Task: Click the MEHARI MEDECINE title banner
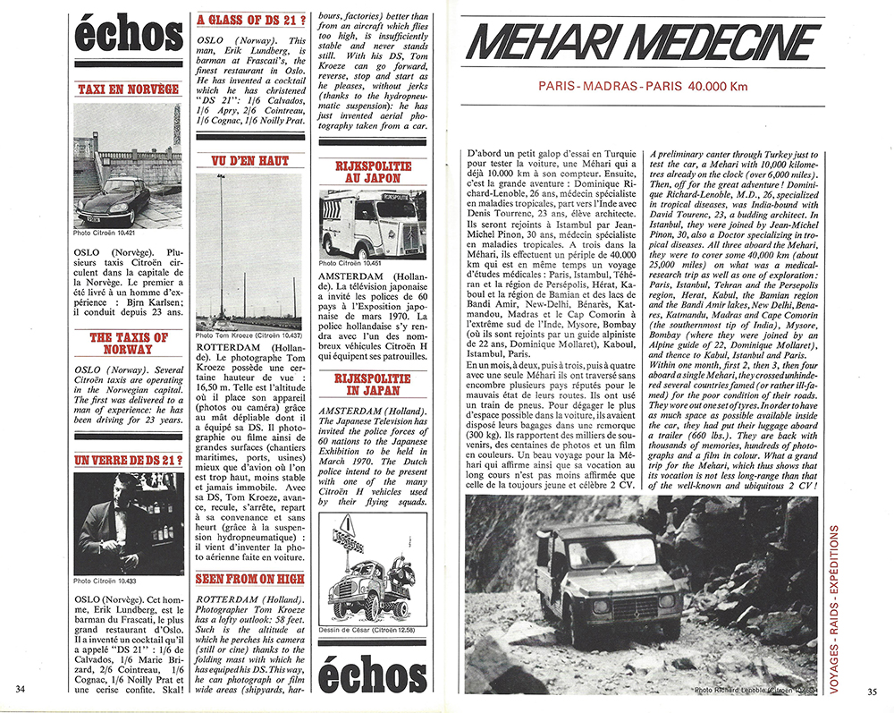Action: (645, 40)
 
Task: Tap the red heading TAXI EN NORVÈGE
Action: (128, 89)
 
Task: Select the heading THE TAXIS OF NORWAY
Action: (128, 343)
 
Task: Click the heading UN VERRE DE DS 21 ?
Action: (128, 461)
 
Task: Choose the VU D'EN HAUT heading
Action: (250, 160)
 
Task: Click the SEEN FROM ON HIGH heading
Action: (250, 579)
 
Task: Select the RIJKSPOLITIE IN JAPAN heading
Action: (373, 384)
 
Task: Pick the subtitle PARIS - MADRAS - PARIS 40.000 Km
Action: (643, 86)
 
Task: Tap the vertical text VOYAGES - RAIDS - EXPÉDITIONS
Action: (833, 607)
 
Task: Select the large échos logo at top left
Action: (128, 36)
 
